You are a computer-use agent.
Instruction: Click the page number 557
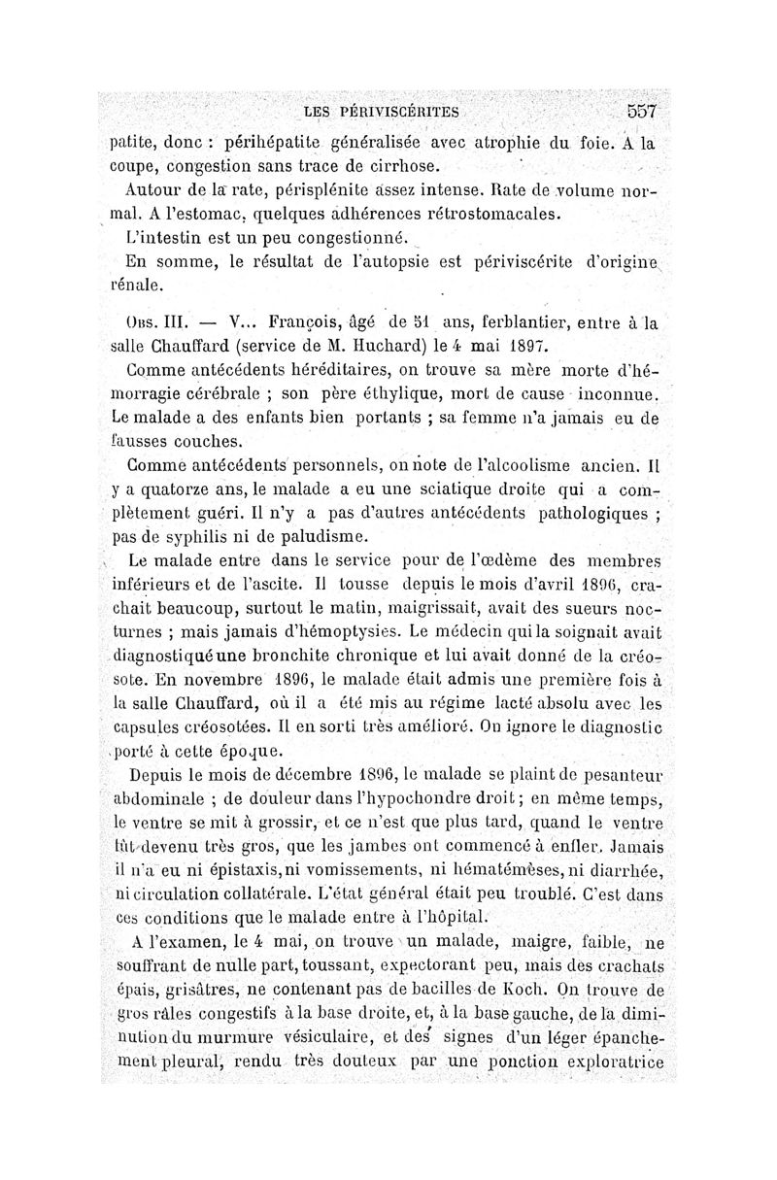pyautogui.click(x=643, y=111)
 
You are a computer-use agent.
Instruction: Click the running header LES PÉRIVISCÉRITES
pyautogui.click(x=381, y=112)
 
